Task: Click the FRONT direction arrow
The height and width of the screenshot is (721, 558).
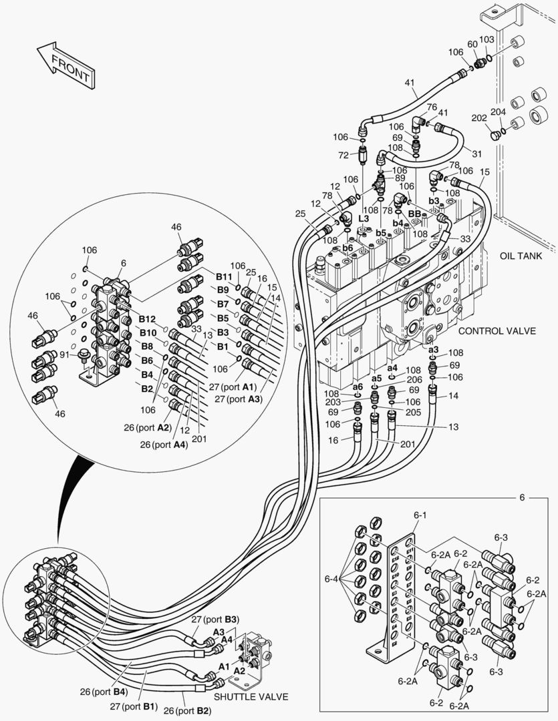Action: tap(65, 65)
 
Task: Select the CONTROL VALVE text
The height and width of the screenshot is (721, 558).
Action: tap(497, 331)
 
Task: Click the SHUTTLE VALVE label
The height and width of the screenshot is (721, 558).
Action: tap(251, 696)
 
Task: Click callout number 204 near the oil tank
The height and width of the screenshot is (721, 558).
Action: tap(499, 112)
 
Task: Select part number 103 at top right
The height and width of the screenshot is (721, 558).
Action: tap(487, 40)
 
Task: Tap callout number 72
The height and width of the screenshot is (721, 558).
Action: tap(343, 155)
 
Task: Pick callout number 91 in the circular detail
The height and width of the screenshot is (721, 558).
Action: tap(65, 354)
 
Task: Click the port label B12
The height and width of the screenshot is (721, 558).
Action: tap(147, 319)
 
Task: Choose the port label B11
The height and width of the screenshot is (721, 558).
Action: tap(223, 276)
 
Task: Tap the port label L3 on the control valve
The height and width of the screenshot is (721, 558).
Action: tap(364, 219)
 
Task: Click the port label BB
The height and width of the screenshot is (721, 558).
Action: tap(414, 214)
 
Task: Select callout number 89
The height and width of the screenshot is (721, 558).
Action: tap(400, 178)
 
